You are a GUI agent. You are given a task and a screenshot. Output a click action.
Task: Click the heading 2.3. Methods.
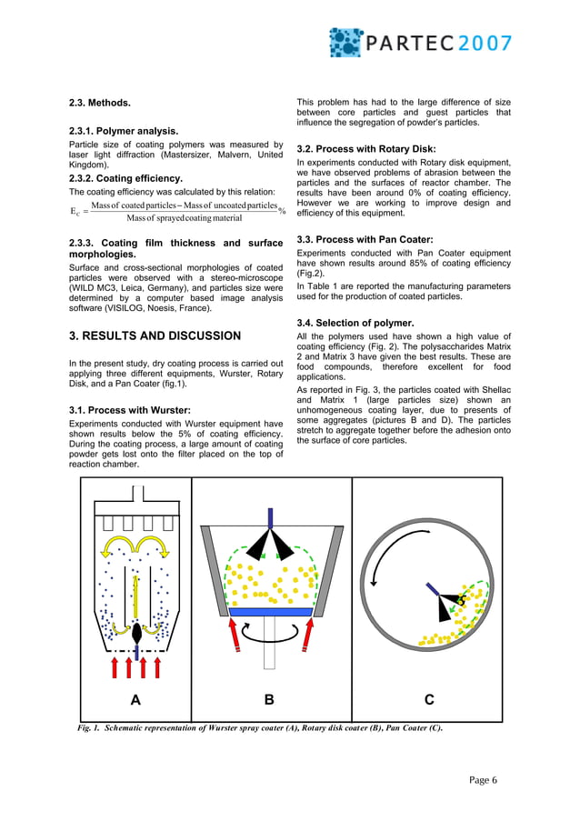point(100,102)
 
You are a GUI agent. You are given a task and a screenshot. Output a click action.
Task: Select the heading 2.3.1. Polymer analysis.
point(124,131)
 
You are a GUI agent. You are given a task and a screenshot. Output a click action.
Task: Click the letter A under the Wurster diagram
point(135,699)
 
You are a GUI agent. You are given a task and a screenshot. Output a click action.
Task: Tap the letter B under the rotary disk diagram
point(269,699)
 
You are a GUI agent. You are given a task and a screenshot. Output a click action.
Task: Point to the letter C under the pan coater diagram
point(428,699)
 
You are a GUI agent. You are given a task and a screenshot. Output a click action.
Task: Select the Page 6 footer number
point(484,779)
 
